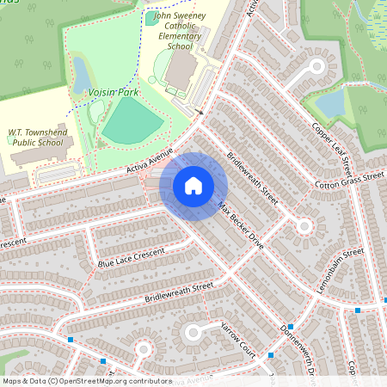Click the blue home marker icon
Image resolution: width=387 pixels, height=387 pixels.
pyautogui.click(x=193, y=185)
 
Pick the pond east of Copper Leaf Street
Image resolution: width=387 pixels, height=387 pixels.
pyautogui.click(x=330, y=104)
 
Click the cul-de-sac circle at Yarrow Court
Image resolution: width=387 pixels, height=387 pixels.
pyautogui.click(x=193, y=332)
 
